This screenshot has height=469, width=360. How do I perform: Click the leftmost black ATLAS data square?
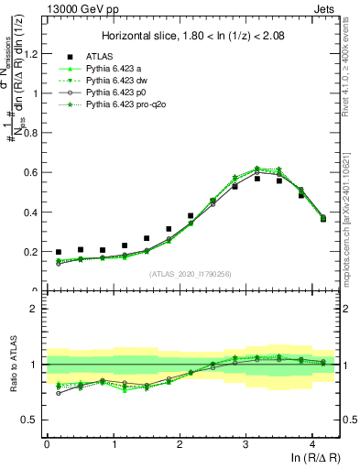pos(59,252)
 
